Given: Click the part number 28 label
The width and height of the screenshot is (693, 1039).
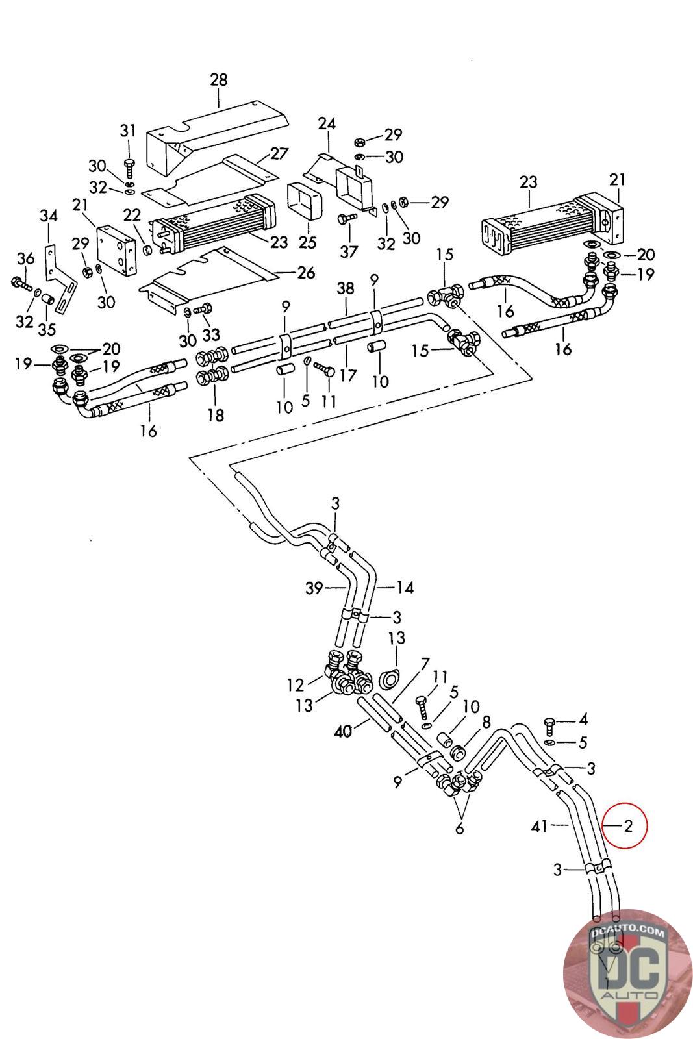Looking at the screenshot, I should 219,80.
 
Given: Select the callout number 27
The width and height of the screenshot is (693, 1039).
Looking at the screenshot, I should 279,154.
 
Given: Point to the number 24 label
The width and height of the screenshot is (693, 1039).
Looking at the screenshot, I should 327,123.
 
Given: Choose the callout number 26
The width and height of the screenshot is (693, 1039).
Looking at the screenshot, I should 306,273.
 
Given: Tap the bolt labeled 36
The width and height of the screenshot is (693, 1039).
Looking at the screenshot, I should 18,282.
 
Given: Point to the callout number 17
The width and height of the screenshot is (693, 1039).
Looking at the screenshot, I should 348,375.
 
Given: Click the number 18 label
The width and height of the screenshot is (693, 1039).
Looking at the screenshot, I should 215,415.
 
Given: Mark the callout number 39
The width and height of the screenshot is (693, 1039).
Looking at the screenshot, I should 314,588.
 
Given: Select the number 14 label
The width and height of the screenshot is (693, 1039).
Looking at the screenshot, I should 405,588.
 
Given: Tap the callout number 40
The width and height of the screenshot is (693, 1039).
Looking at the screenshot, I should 343,732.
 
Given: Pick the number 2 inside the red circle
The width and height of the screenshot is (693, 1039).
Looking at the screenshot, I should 628,826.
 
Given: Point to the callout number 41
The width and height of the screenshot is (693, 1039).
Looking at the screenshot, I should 539,826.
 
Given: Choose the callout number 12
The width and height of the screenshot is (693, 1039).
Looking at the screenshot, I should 296,684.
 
